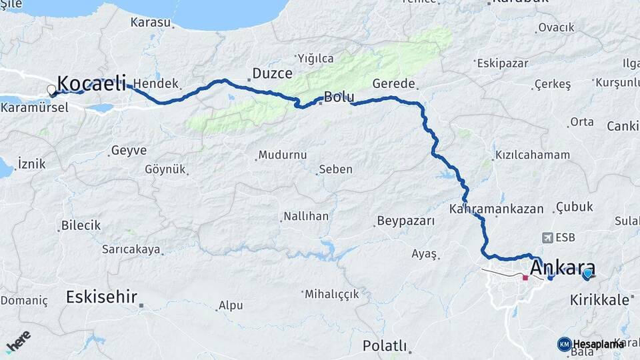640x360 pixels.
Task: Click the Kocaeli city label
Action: pyautogui.click(x=91, y=83)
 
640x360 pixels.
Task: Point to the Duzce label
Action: pyautogui.click(x=272, y=73)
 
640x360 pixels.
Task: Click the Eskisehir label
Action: pyautogui.click(x=101, y=297)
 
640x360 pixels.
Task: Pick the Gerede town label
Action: pyautogui.click(x=394, y=84)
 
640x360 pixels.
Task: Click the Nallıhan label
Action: pyautogui.click(x=306, y=216)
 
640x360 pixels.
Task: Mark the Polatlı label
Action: pyautogui.click(x=385, y=345)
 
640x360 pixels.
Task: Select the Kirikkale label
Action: pyautogui.click(x=600, y=300)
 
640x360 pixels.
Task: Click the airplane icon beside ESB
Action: pyautogui.click(x=548, y=237)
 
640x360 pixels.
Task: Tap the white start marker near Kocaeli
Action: pyautogui.click(x=51, y=89)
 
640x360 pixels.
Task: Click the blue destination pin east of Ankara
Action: pyautogui.click(x=587, y=273)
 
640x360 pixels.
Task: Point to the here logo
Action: pyautogui.click(x=18, y=341)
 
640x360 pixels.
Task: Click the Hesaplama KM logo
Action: pyautogui.click(x=591, y=344)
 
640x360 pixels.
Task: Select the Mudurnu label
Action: pyautogui.click(x=282, y=155)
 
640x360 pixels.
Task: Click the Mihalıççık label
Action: pyautogui.click(x=331, y=294)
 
